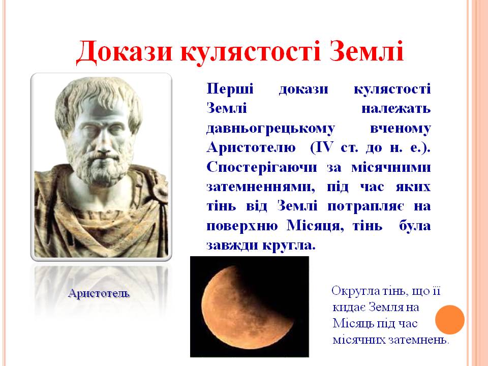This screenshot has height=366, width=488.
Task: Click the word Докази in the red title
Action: pyautogui.click(x=124, y=51)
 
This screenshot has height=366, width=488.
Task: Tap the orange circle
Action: pyautogui.click(x=450, y=320)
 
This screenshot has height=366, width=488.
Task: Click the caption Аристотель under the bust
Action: pyautogui.click(x=98, y=293)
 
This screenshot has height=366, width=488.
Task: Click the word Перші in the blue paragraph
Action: pyautogui.click(x=230, y=89)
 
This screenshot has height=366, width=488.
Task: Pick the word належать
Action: pyautogui.click(x=396, y=108)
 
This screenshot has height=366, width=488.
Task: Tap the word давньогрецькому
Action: pyautogui.click(x=270, y=129)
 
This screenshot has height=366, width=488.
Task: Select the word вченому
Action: pyautogui.click(x=400, y=128)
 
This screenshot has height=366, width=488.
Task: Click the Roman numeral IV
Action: pyautogui.click(x=324, y=147)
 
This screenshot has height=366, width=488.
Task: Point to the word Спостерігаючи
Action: pyautogui.click(x=261, y=167)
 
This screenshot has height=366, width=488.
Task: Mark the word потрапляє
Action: pyautogui.click(x=366, y=206)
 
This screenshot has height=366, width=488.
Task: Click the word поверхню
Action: pyautogui.click(x=242, y=226)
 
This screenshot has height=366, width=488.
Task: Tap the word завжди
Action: pyautogui.click(x=232, y=245)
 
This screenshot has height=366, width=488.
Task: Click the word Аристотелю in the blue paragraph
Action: pyautogui.click(x=251, y=147)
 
